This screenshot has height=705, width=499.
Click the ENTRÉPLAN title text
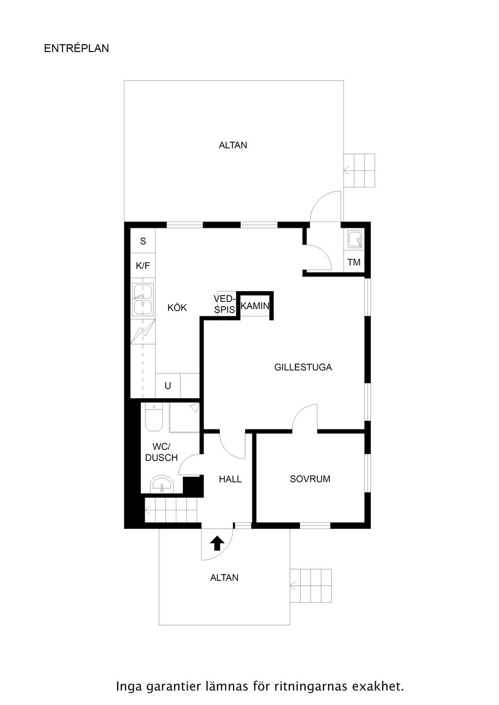77,48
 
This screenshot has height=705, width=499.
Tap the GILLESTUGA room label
303,367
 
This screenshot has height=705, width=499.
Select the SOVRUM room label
310,479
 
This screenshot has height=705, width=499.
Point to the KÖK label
177,308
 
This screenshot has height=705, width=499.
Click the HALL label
230,480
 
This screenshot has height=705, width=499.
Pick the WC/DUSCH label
161,452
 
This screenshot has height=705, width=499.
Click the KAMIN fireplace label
255,306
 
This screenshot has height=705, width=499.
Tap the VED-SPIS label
225,304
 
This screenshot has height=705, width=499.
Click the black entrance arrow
217,543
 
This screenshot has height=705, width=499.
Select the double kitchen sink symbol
143,299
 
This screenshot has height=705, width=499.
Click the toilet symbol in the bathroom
154,418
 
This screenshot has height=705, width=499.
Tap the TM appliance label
354,262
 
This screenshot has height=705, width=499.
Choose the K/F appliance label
143,266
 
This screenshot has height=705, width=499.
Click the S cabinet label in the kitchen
143,241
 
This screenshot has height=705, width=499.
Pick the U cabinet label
168,386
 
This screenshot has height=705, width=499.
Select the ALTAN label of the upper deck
233,145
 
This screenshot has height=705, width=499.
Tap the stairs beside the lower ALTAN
310,586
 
